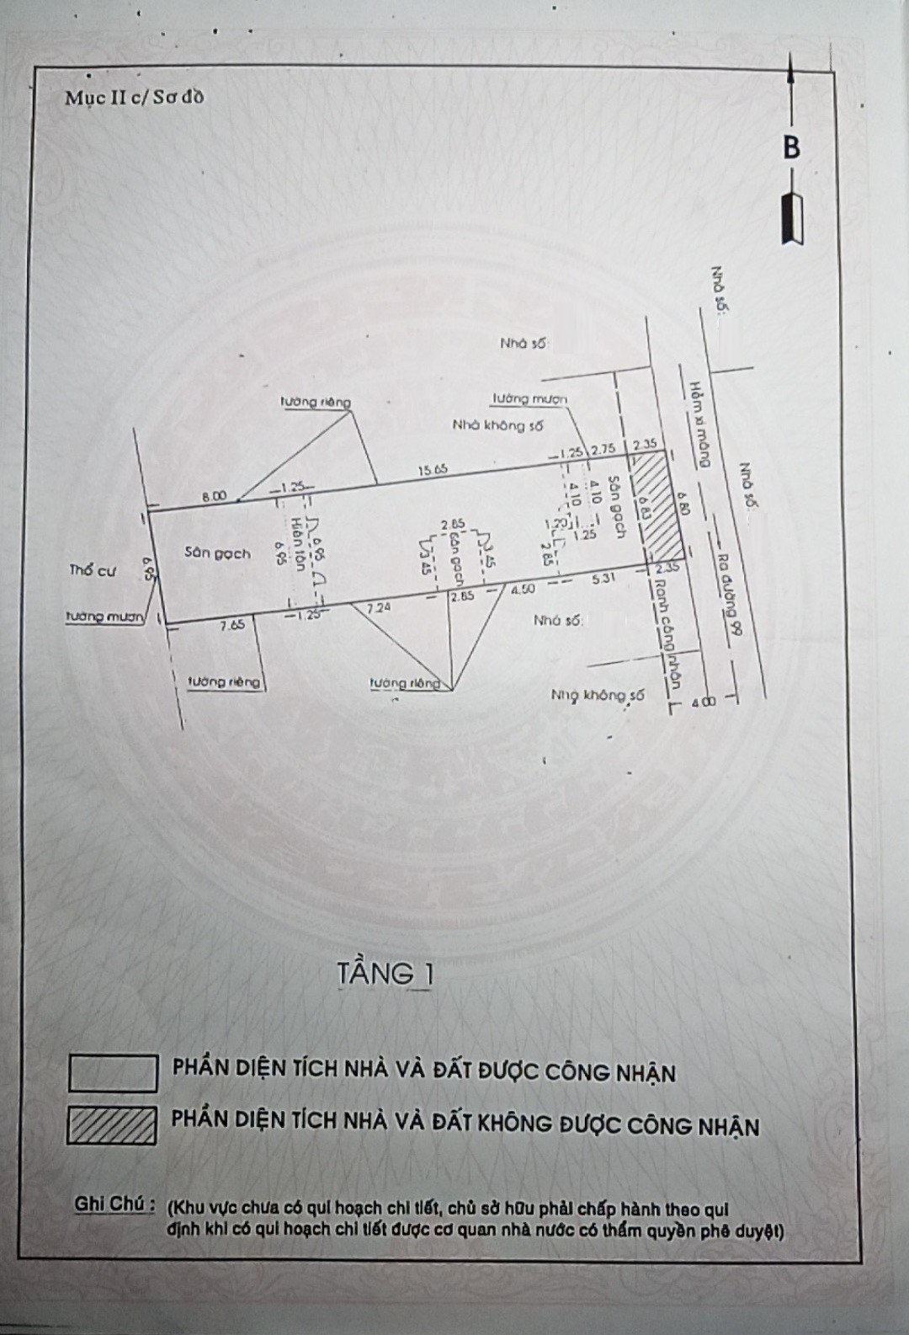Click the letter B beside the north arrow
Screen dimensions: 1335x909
[x=791, y=147]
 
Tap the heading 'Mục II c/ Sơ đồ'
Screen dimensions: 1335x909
[x=135, y=97]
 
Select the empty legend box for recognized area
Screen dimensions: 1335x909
[x=112, y=1072]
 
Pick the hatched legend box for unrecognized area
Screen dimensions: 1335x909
[x=112, y=1124]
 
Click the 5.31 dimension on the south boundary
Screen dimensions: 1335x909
[x=604, y=579]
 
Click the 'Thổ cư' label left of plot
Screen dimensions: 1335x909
[x=92, y=571]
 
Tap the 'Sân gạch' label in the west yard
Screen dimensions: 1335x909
[x=217, y=553]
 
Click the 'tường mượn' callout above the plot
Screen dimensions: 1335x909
[x=531, y=398]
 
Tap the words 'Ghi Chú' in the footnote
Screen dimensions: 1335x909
[x=114, y=1204]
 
